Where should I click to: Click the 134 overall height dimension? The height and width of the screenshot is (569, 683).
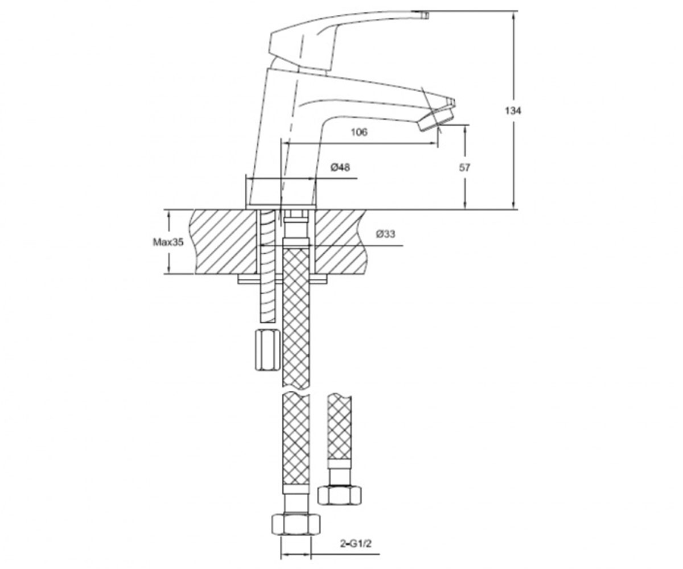pos(513,111)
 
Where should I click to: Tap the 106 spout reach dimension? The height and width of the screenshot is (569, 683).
pos(359,132)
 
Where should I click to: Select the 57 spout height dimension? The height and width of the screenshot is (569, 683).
pos(464,167)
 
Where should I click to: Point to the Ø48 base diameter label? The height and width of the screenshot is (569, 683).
pos(340,167)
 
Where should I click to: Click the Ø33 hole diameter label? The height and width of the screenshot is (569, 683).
pos(386,234)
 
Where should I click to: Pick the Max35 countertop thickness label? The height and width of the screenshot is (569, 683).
pos(168,242)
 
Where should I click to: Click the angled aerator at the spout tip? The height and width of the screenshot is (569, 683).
pos(437,120)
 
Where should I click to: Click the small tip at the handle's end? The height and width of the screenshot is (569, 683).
pos(425,15)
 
